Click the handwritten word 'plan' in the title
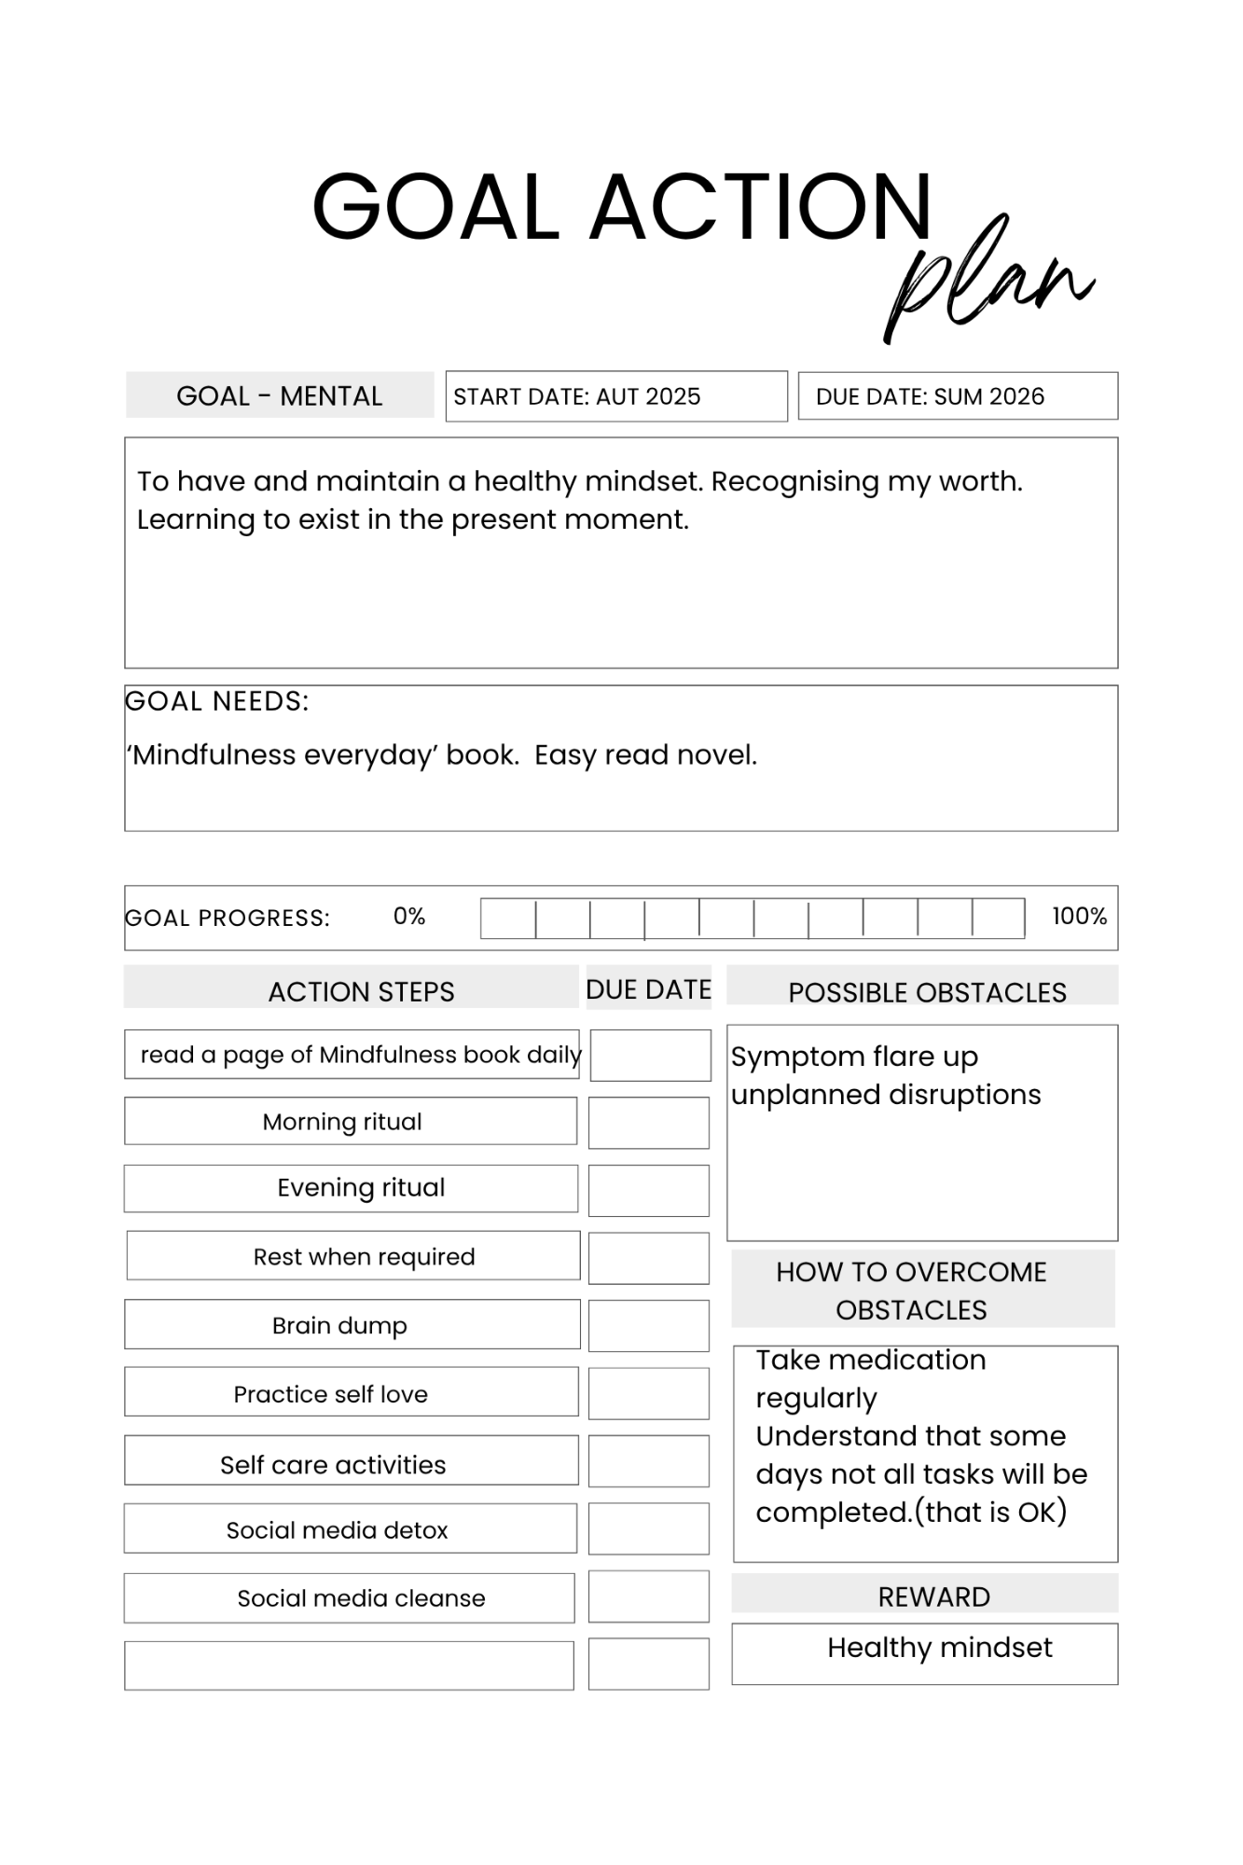(988, 280)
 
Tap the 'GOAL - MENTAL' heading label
(280, 396)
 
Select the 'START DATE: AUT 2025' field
(577, 397)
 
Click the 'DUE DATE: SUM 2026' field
(930, 397)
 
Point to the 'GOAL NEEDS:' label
(217, 701)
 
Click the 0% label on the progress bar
(408, 917)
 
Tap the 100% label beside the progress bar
(1079, 917)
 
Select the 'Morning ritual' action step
(342, 1122)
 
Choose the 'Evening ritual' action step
(361, 1188)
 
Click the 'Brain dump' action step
(339, 1325)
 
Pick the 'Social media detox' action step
(337, 1530)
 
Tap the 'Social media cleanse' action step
(361, 1598)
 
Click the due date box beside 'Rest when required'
(649, 1258)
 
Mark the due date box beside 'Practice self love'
(649, 1393)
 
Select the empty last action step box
(349, 1665)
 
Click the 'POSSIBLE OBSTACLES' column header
(927, 992)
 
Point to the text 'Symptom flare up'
(854, 1057)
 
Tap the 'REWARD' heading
(933, 1596)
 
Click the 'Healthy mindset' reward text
(939, 1648)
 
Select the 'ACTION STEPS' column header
(361, 991)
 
